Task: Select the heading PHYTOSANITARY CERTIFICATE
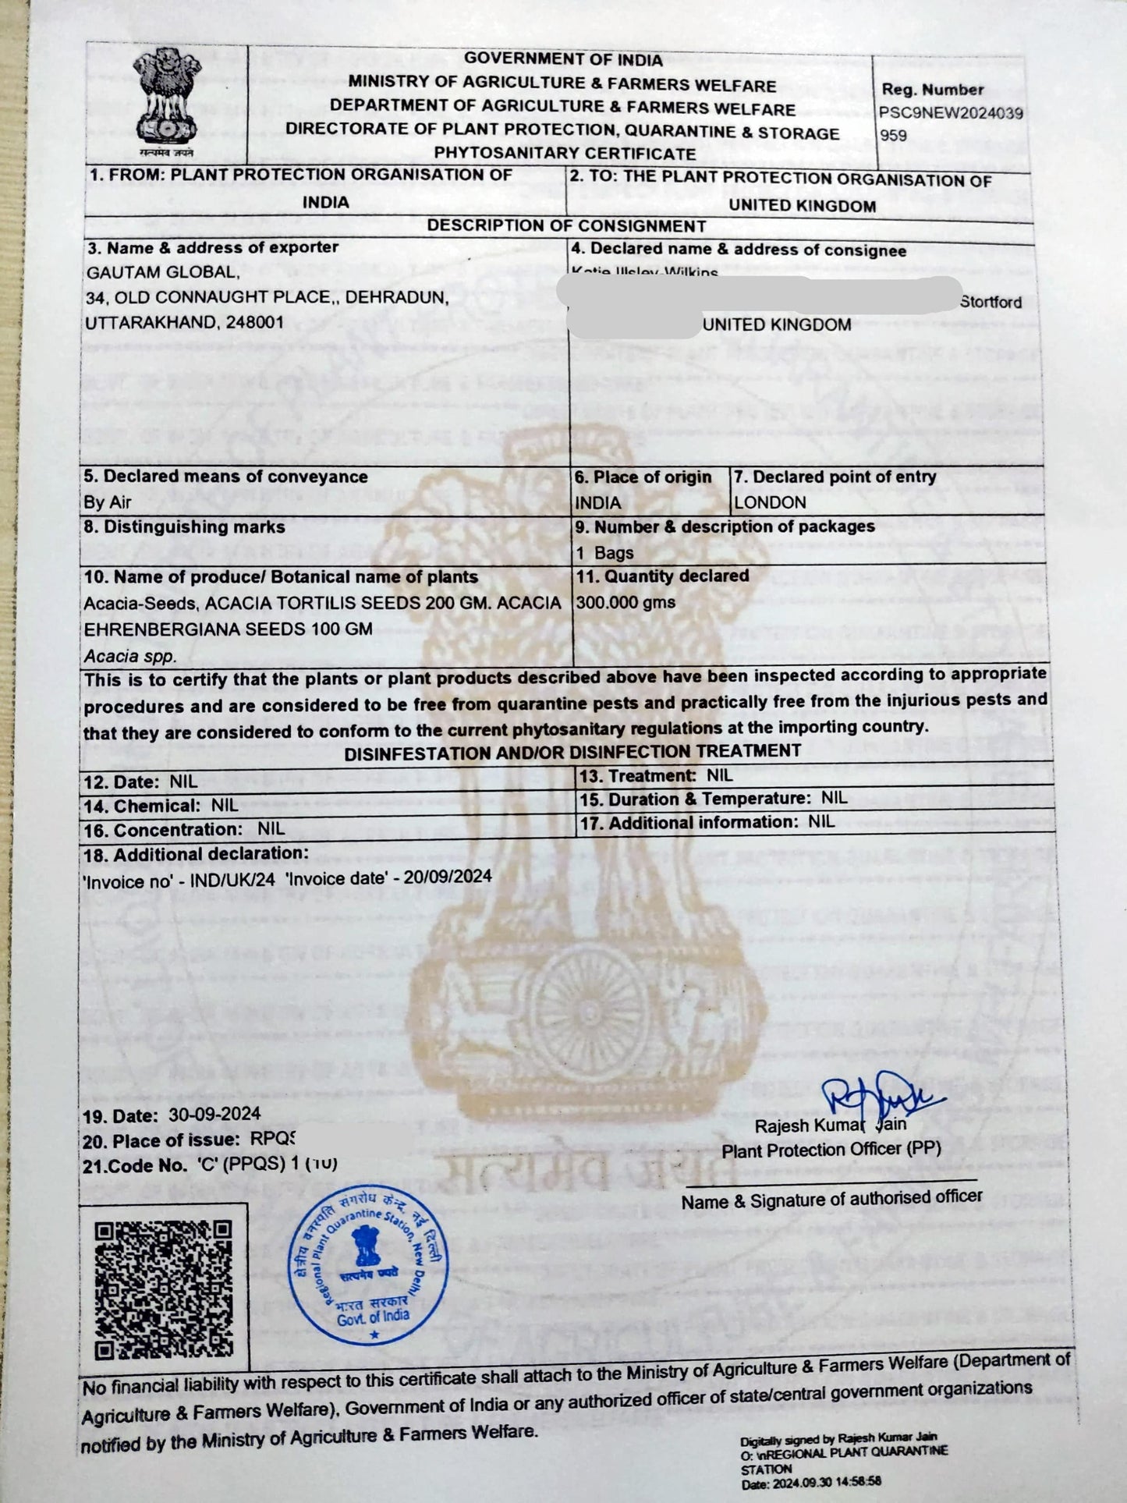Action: (x=565, y=154)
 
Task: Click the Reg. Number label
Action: (x=933, y=90)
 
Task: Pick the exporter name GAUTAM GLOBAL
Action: (x=161, y=272)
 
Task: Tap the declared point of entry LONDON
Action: (x=770, y=502)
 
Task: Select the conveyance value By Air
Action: (x=108, y=502)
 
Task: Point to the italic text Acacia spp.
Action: (x=130, y=657)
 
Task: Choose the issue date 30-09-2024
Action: (x=214, y=1114)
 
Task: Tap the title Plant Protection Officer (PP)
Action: (x=831, y=1150)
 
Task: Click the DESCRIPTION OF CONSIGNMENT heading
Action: (x=566, y=226)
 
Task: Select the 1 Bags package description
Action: (x=604, y=553)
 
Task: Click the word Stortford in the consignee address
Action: (x=991, y=302)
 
